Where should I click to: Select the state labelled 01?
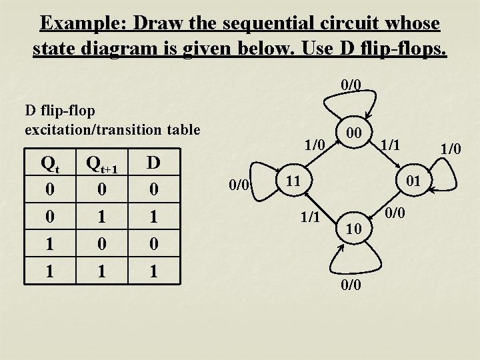[413, 180]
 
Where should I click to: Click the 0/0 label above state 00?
[351, 85]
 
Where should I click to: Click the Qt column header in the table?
[51, 163]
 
